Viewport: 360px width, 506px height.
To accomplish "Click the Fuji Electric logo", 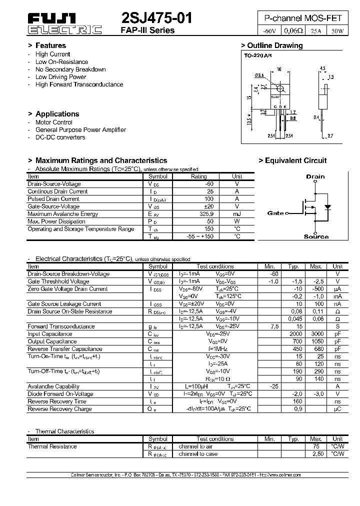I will pyautogui.click(x=64, y=24).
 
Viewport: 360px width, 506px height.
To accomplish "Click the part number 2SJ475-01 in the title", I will pyautogui.click(x=156, y=18).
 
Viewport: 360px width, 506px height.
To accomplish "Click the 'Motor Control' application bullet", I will pyautogui.click(x=53, y=122).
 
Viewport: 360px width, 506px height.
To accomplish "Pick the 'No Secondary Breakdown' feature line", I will pyautogui.click(x=70, y=69).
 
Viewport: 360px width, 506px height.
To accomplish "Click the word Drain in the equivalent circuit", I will pyautogui.click(x=315, y=176).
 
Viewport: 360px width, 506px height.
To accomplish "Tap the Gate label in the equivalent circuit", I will pyautogui.click(x=275, y=213).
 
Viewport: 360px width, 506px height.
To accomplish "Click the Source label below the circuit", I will pyautogui.click(x=316, y=236).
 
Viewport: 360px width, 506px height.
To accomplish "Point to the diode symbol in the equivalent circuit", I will pyautogui.click(x=327, y=206).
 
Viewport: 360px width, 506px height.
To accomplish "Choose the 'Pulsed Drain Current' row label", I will pyautogui.click(x=53, y=199).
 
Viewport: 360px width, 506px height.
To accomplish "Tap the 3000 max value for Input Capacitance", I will pyautogui.click(x=315, y=334).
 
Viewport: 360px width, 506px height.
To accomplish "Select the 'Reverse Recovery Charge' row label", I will pyautogui.click(x=59, y=409).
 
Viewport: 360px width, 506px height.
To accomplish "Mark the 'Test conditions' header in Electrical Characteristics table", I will pyautogui.click(x=215, y=266).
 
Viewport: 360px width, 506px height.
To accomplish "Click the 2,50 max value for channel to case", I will pyautogui.click(x=317, y=454).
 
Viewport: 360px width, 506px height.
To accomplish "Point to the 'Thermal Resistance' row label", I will pyautogui.click(x=52, y=446).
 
